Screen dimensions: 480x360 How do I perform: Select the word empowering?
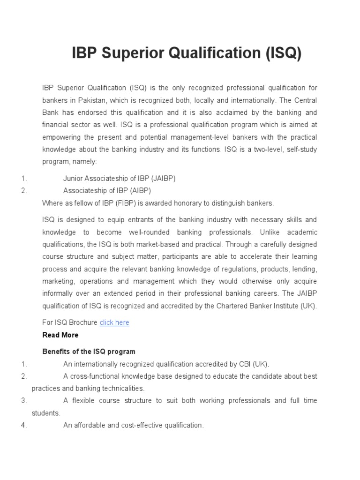(x=61, y=137)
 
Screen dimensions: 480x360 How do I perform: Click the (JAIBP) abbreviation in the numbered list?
(x=164, y=179)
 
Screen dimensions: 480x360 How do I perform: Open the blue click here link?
(x=114, y=322)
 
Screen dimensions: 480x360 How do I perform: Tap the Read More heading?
(x=60, y=335)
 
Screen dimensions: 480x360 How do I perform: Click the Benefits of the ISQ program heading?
(x=89, y=352)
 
